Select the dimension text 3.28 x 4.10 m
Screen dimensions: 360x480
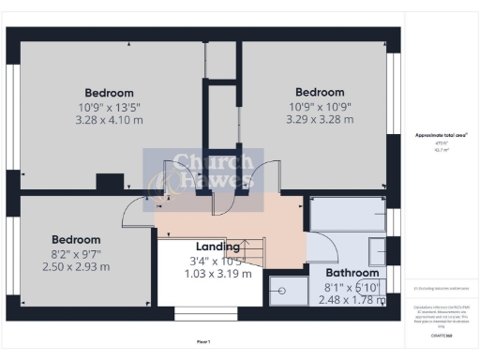(109, 120)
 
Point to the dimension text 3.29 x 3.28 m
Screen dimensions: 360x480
(319, 119)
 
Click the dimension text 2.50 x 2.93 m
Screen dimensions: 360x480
(75, 266)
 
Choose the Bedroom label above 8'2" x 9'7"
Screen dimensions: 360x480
(75, 239)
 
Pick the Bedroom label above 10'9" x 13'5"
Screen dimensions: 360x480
(109, 93)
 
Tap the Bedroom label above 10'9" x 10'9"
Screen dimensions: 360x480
(319, 92)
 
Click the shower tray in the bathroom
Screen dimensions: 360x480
(288, 291)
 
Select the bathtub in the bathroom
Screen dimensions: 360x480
(347, 213)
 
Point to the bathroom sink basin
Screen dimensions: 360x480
(376, 252)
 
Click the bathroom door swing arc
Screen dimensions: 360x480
(323, 246)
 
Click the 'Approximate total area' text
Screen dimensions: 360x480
(441, 136)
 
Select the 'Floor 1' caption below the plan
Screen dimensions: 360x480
(203, 340)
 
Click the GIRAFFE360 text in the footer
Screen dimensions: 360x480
(442, 333)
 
